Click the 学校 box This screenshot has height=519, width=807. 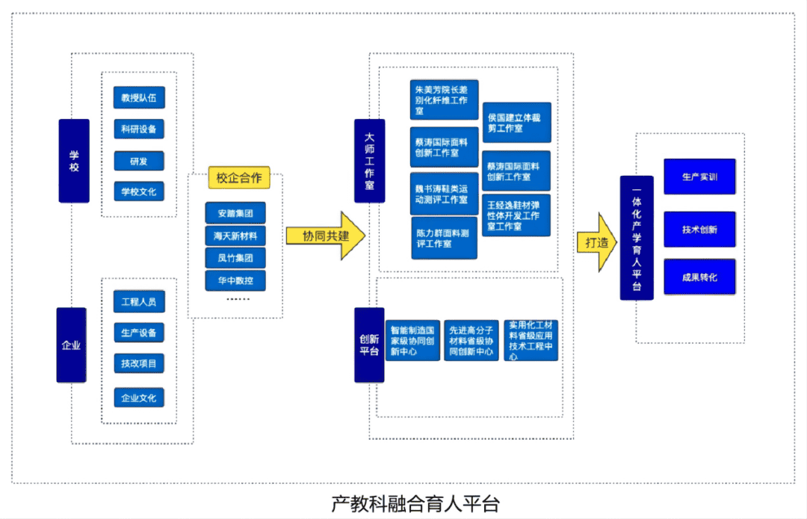tap(74, 161)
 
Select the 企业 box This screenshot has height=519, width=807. tap(71, 345)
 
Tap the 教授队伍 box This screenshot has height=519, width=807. tap(139, 97)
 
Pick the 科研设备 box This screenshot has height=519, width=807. tap(139, 129)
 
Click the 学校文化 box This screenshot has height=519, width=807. tap(139, 191)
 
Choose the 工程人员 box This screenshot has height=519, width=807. tap(139, 301)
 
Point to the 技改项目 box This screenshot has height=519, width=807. tap(139, 364)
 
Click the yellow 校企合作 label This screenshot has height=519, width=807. tap(239, 177)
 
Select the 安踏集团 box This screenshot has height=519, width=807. tap(235, 213)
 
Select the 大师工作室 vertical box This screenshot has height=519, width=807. tap(370, 161)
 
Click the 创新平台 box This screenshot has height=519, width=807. tap(369, 345)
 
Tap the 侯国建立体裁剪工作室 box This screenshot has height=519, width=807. tap(516, 123)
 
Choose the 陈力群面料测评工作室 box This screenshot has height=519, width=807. tap(444, 238)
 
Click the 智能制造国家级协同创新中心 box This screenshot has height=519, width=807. tap(412, 340)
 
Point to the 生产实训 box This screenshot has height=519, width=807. tap(699, 177)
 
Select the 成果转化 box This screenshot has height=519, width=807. tap(699, 277)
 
